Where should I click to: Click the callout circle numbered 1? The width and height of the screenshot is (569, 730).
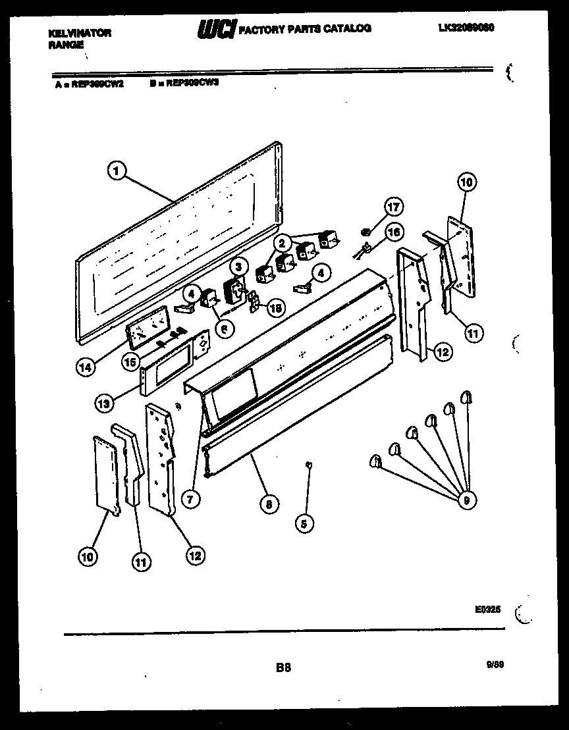pos(116,170)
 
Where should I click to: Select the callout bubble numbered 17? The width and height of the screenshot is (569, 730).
pos(393,208)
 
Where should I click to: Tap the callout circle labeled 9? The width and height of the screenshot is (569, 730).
pos(467,501)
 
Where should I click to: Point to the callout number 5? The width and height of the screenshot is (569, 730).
pos(304,524)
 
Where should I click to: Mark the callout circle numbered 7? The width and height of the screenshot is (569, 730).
pos(190,500)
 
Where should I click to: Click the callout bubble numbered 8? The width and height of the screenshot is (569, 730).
pos(268,505)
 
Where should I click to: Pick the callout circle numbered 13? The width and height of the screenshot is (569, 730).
pos(103,404)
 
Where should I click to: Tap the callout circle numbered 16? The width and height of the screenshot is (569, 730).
pos(393,232)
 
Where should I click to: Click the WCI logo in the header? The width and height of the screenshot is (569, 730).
pos(216,28)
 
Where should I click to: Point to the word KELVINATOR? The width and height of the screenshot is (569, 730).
pos(80,32)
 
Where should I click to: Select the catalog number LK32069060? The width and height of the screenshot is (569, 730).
pos(466,28)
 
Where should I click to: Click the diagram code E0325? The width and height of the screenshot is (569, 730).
pos(487,610)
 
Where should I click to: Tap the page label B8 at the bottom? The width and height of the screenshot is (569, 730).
pos(283,667)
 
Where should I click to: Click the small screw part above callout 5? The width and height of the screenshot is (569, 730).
pos(308,465)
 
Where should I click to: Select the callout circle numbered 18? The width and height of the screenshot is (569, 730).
pos(276,307)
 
